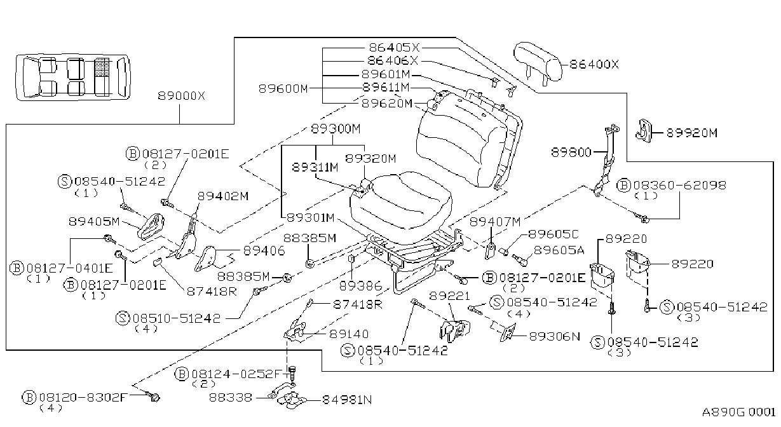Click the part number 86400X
click(594, 64)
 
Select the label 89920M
click(692, 133)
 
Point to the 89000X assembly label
click(181, 96)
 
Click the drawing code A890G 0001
click(738, 412)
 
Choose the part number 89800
click(571, 152)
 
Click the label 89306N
click(555, 336)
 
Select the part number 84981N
click(347, 400)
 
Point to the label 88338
click(231, 398)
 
